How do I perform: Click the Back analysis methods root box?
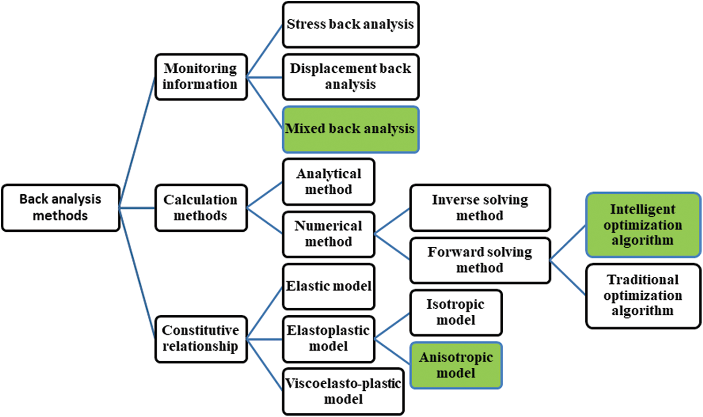point(60,207)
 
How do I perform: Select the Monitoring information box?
point(201,76)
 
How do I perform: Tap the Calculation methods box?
point(201,207)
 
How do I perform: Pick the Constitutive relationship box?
point(201,339)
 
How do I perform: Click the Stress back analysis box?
point(350,24)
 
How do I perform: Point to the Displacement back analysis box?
point(350,76)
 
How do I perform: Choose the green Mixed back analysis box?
point(350,129)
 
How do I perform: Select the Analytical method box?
point(328,182)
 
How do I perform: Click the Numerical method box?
point(328,234)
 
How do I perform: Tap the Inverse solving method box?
point(480,207)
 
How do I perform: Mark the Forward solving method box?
point(480,260)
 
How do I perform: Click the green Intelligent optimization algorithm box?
point(643,225)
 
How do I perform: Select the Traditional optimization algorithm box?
point(643,296)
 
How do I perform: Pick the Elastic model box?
point(328,286)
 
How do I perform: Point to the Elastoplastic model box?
point(328,339)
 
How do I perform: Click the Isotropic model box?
point(456,312)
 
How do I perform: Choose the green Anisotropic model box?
point(456,365)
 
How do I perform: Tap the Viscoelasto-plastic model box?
point(343,391)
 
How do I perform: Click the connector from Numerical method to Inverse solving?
point(393,220)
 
